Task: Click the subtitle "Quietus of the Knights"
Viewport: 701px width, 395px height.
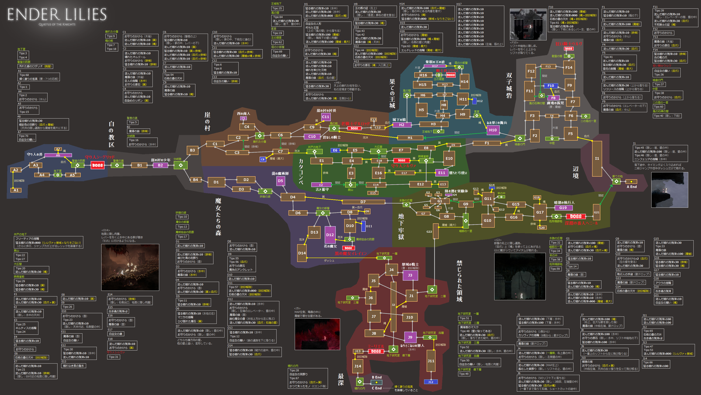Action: click(57, 25)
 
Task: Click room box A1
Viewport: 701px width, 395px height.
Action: click(16, 190)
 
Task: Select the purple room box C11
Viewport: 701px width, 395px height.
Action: click(326, 117)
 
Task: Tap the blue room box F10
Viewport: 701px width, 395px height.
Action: click(550, 86)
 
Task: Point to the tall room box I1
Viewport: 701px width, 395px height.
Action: click(597, 158)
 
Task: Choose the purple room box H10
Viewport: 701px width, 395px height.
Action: click(493, 130)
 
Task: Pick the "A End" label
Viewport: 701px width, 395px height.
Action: click(632, 187)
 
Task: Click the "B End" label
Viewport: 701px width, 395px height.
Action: click(377, 377)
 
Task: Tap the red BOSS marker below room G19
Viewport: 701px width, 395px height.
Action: click(576, 216)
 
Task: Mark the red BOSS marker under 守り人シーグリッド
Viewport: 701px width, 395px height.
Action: click(97, 165)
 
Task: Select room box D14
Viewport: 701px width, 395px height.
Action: click(302, 253)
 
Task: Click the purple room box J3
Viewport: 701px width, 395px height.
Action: click(410, 275)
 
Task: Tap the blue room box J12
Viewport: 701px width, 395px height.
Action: click(431, 382)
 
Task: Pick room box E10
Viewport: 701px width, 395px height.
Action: click(449, 158)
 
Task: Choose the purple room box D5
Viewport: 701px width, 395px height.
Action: click(280, 181)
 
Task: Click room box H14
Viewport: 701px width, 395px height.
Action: click(464, 82)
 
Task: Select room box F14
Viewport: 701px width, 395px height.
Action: click(569, 67)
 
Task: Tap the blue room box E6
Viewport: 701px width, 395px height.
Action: click(335, 150)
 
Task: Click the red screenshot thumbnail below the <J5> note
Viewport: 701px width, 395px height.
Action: click(317, 334)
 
